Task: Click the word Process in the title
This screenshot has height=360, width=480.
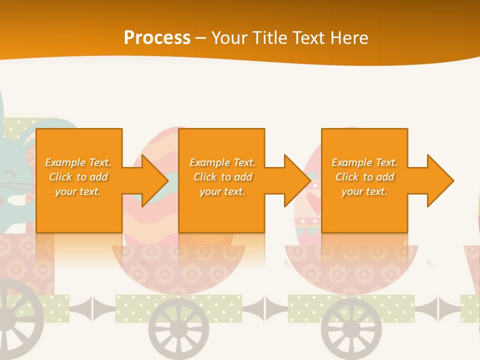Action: click(x=157, y=38)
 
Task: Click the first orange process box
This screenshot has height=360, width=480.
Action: click(x=79, y=150)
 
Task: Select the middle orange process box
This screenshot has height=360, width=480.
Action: click(x=221, y=150)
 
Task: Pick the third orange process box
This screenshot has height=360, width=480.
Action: click(x=364, y=150)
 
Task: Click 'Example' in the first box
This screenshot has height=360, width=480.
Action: click(x=65, y=162)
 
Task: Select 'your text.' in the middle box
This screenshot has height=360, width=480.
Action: click(x=222, y=191)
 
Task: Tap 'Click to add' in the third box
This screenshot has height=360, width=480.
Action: click(x=364, y=177)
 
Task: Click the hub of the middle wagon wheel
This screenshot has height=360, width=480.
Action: click(x=178, y=329)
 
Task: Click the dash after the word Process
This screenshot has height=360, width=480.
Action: click(x=201, y=38)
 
